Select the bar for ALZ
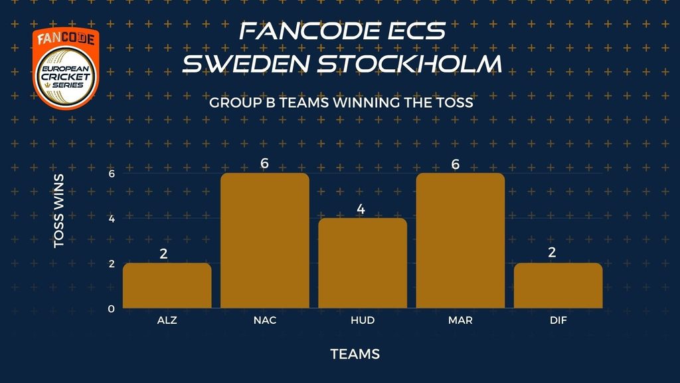click(x=167, y=286)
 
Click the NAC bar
click(x=265, y=241)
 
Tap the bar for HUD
click(x=363, y=263)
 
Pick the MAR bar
click(x=460, y=241)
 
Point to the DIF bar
click(x=558, y=286)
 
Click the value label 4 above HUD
click(x=361, y=209)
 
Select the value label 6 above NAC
click(x=264, y=164)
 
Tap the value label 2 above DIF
click(x=552, y=252)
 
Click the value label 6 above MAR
click(x=456, y=164)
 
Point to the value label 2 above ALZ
click(x=163, y=253)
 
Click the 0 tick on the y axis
click(x=112, y=309)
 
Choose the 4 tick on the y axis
click(x=112, y=218)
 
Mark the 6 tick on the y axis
click(x=112, y=174)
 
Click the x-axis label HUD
click(x=363, y=320)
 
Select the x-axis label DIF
click(x=558, y=320)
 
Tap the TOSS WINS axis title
click(x=59, y=211)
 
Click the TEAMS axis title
click(x=355, y=354)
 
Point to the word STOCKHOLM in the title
click(x=410, y=63)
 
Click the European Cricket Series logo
click(x=66, y=68)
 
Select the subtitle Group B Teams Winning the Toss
click(x=341, y=102)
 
